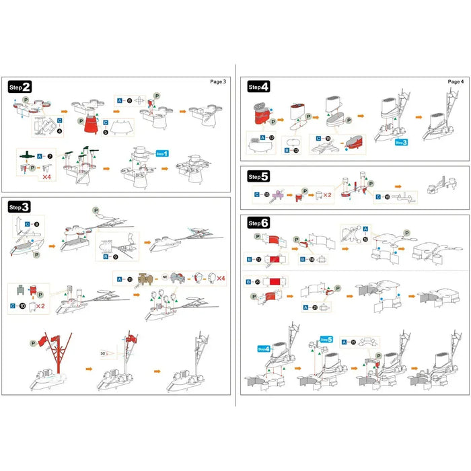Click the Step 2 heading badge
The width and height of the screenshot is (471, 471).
[20, 87]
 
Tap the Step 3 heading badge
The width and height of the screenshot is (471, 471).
[20, 207]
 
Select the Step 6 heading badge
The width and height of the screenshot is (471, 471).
[259, 223]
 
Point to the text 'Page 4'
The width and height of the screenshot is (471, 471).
[456, 81]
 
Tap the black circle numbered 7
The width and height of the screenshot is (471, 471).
[49, 155]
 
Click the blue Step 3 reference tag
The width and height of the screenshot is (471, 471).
[401, 142]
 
